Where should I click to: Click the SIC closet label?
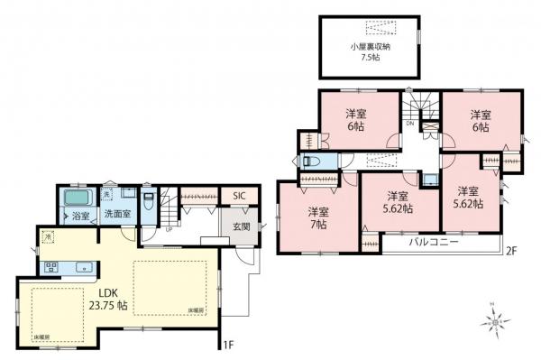coord(239,196)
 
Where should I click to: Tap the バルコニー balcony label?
coord(434,243)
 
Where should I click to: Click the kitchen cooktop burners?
coord(50,267)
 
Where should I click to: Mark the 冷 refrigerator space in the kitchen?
coord(48,236)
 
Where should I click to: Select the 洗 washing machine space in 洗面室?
coord(106,193)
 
